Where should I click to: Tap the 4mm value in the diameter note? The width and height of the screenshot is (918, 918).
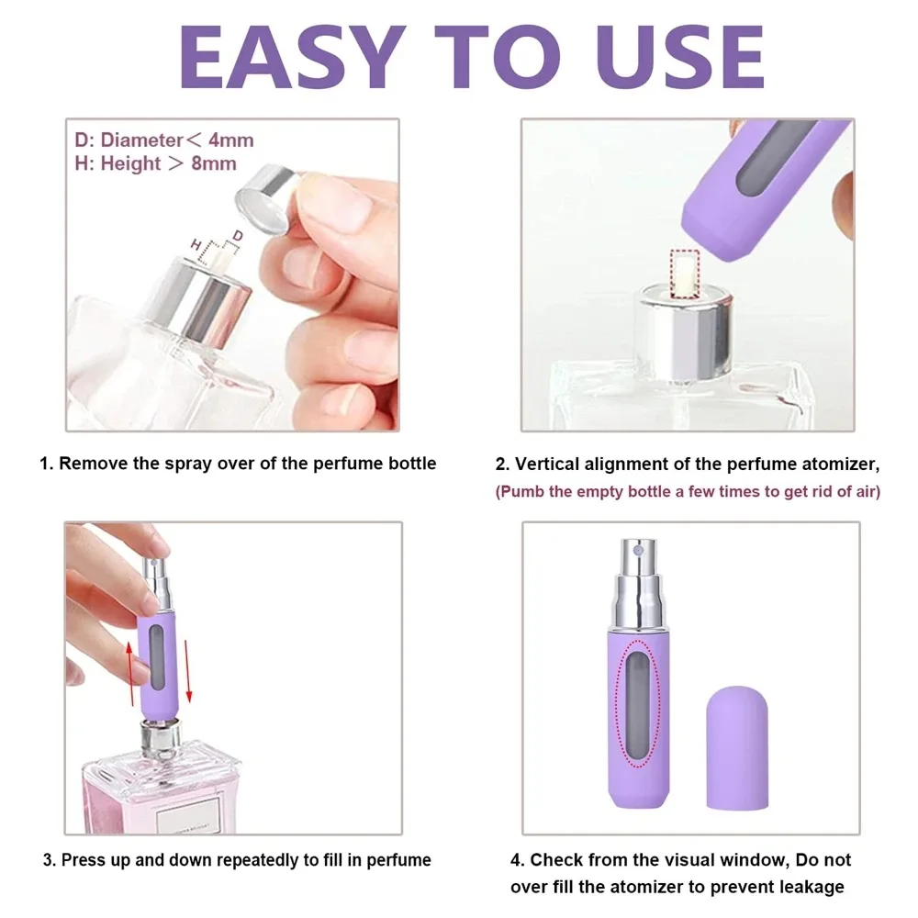[x=231, y=140]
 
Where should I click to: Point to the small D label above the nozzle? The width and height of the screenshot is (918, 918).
[x=237, y=237]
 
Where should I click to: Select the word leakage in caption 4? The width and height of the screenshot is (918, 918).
[x=812, y=887]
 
